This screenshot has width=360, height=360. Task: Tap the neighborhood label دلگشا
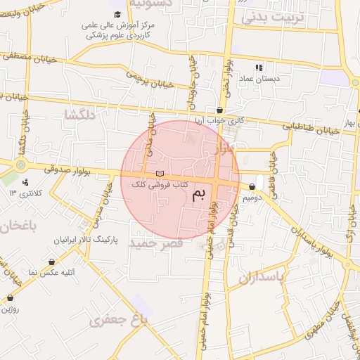[x=79, y=115]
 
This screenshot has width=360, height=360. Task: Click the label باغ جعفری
[x=120, y=320]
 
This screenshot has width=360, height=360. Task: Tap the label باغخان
[x=14, y=226]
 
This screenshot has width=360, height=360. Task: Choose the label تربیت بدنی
[x=275, y=18]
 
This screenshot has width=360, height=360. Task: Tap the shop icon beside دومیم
[x=252, y=187]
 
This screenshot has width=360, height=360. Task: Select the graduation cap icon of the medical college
[x=117, y=14]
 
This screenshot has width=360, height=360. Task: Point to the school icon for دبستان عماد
[x=259, y=67]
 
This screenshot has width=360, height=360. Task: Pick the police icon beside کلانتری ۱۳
[x=25, y=183]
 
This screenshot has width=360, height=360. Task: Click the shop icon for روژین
[x=10, y=297]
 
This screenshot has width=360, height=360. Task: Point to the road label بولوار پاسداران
[x=299, y=233]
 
